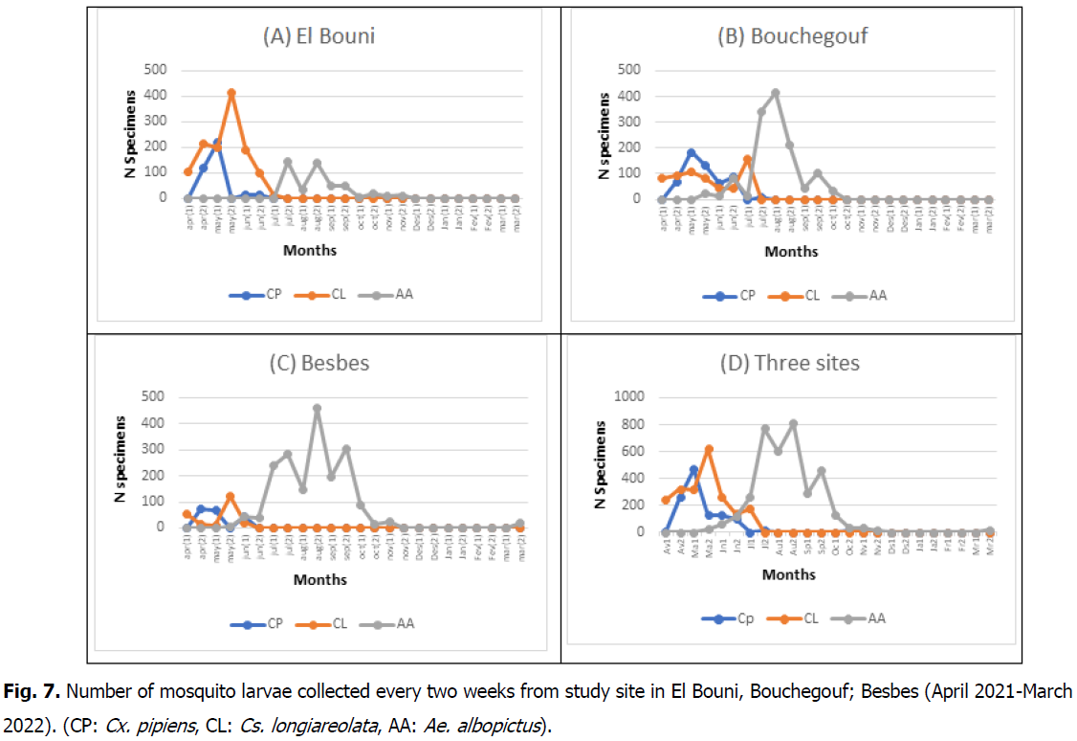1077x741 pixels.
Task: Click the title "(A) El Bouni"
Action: click(319, 37)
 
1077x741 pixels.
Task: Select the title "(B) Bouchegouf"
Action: click(793, 37)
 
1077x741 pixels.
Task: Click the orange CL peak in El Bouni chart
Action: click(231, 93)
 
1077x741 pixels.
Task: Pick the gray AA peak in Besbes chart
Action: click(317, 408)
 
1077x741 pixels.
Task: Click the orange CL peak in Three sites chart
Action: click(709, 448)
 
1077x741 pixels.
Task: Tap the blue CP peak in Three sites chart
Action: click(693, 469)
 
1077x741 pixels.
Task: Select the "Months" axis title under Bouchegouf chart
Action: click(791, 251)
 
